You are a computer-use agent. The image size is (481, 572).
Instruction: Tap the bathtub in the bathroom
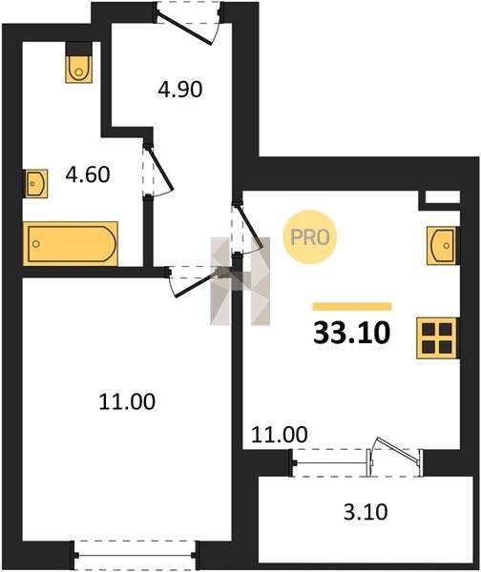[70, 243]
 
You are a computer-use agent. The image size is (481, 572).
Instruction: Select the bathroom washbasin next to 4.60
[35, 183]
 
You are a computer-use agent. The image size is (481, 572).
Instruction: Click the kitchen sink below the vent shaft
[443, 246]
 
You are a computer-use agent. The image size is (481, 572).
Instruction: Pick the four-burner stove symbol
[437, 337]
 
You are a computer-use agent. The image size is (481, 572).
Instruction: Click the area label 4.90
[180, 89]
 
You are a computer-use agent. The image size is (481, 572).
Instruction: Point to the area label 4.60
[88, 174]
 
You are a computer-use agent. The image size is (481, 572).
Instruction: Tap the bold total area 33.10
[352, 333]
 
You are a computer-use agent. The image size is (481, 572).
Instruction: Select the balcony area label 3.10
[366, 512]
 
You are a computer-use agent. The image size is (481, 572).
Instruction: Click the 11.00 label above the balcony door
[280, 435]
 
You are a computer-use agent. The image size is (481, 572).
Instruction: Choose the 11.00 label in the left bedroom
[127, 401]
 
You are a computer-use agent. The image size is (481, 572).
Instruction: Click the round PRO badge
[310, 237]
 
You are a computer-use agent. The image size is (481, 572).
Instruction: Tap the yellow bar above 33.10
[352, 306]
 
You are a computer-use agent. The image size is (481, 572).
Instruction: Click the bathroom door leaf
[159, 169]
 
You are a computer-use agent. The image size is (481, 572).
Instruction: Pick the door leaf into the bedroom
[196, 284]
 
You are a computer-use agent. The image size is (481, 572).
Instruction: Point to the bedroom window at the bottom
[136, 555]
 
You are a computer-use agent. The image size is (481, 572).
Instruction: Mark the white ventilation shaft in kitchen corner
[442, 197]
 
